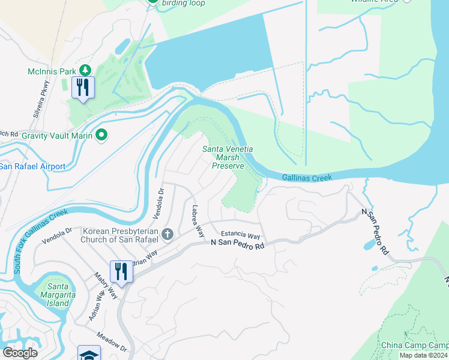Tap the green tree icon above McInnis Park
[x=85, y=71]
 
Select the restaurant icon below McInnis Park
[x=82, y=88]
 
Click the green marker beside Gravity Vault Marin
[x=102, y=136]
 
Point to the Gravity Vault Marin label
[x=56, y=136]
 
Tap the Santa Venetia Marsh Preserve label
[x=228, y=157]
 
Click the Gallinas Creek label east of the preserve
[x=307, y=178]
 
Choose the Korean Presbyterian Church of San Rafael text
[x=120, y=235]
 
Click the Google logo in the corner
[x=20, y=353]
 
